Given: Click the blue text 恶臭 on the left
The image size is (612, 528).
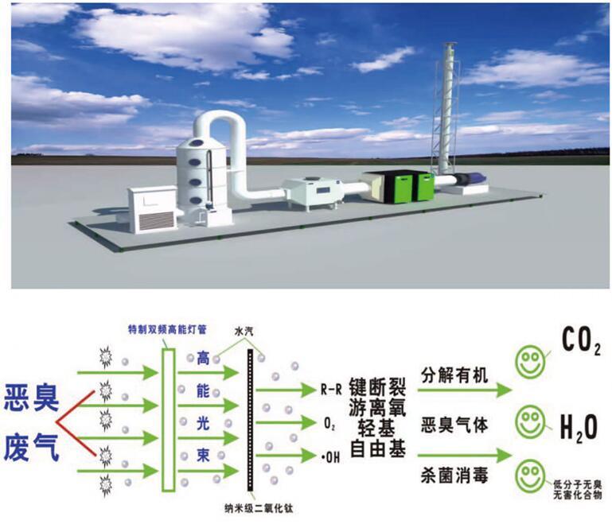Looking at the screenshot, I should point(33,395).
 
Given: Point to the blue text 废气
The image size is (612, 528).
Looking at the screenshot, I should point(33,442).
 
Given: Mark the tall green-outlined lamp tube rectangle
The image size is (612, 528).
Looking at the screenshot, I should point(168,420).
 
